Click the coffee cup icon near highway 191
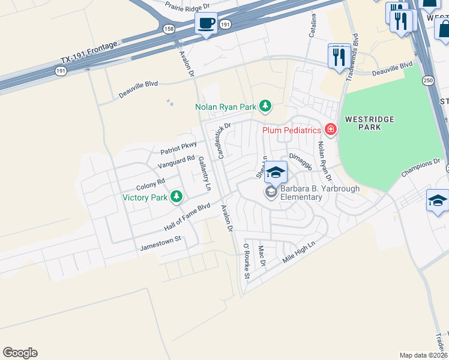coord(206,24)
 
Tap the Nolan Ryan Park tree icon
coord(265,107)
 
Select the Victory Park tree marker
coord(176,196)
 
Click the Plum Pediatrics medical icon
coord(329,129)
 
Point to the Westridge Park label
coord(369,123)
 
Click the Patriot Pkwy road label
coord(178,148)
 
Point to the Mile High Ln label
coord(298,254)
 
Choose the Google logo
coord(20,353)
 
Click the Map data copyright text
coord(423,355)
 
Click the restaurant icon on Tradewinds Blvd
coord(339,56)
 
